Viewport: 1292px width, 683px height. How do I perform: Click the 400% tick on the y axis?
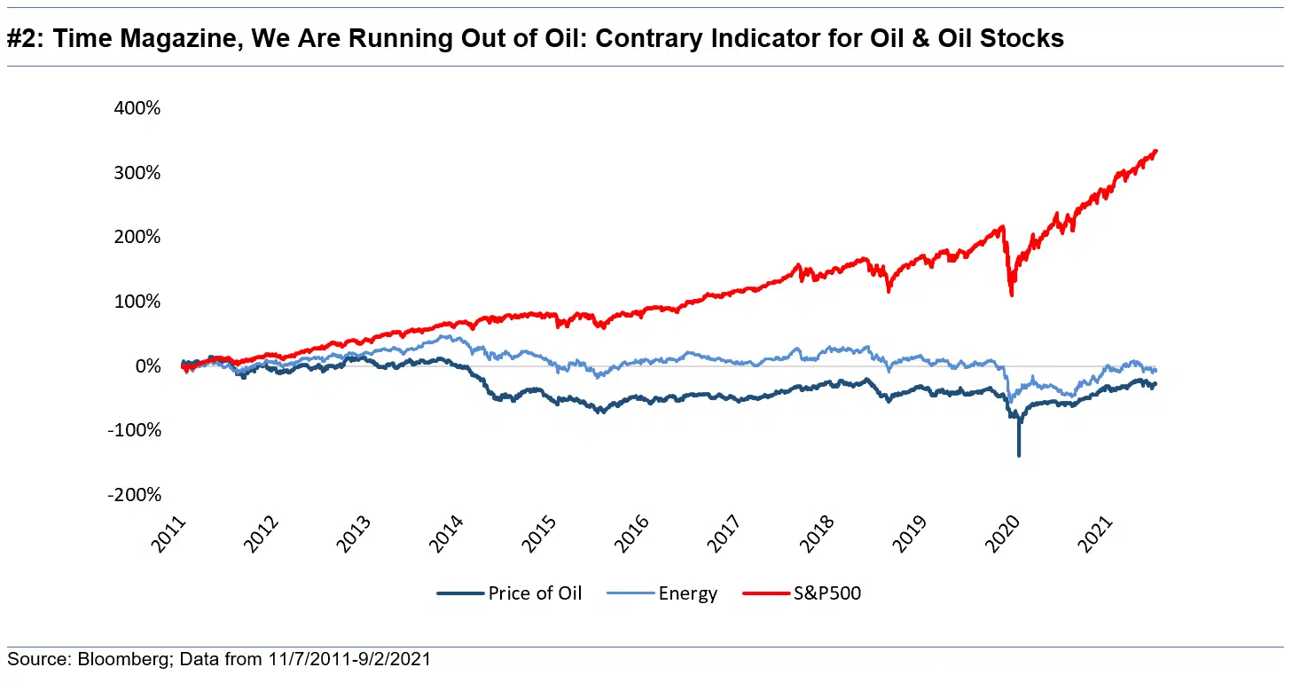point(136,108)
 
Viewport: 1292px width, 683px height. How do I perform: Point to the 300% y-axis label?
point(136,172)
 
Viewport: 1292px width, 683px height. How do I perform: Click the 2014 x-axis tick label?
point(450,536)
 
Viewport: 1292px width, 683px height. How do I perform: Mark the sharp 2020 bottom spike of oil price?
point(1018,455)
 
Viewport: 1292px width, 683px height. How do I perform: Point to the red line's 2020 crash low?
point(1012,294)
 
